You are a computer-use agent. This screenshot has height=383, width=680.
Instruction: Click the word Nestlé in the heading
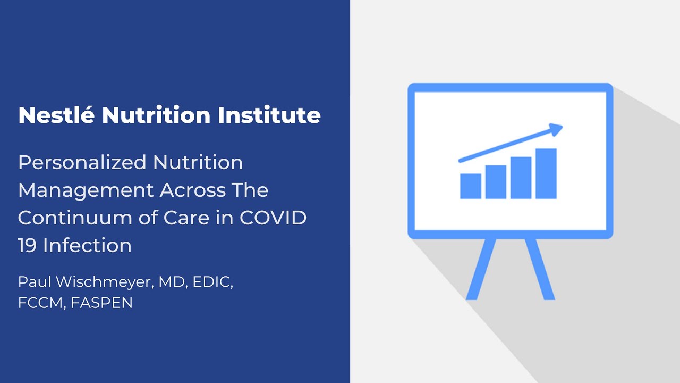[56, 114]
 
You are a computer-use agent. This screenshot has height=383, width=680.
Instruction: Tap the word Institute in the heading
[269, 115]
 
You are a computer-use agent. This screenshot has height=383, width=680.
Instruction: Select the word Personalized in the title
[82, 163]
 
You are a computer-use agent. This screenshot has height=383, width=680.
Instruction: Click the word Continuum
[75, 218]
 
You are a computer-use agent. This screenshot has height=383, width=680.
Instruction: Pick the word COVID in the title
[273, 218]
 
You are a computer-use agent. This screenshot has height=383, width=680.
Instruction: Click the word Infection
[88, 245]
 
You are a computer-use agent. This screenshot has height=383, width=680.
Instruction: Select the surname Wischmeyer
[103, 282]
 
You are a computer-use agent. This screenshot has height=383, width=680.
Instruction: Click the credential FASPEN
[101, 303]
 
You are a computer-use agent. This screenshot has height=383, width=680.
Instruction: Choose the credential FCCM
[41, 303]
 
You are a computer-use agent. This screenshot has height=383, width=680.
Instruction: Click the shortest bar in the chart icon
[471, 186]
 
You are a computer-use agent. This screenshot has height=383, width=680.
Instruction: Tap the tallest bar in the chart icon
[546, 173]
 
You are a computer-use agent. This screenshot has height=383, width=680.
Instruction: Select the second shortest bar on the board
[496, 182]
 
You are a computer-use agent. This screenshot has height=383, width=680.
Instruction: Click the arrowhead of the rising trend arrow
[556, 129]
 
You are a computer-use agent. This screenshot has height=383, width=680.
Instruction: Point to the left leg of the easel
[481, 269]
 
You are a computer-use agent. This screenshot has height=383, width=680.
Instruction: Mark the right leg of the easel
[540, 269]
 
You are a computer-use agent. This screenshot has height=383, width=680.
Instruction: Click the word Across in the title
[193, 190]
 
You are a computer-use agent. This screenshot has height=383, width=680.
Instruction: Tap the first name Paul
[34, 282]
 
